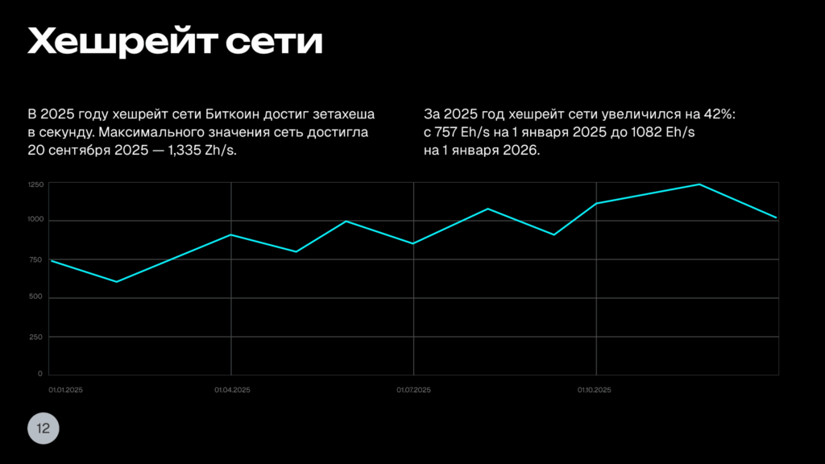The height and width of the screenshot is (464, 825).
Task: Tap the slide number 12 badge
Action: (44, 429)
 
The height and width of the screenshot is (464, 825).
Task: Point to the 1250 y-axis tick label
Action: (35, 185)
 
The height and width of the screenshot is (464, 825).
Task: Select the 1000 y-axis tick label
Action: (35, 221)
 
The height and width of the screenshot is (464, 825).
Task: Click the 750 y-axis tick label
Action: (36, 259)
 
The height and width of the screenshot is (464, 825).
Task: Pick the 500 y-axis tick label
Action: (36, 298)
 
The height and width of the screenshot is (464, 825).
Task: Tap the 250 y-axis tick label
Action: (36, 337)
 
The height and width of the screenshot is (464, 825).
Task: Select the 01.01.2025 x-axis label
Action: (66, 390)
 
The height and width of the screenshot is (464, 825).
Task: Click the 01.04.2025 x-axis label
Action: (232, 390)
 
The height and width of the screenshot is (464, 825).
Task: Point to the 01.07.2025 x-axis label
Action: (414, 390)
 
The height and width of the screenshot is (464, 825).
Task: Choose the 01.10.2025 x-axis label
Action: (595, 390)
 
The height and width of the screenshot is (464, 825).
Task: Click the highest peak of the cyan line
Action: (699, 184)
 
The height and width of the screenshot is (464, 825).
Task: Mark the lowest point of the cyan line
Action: (117, 282)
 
